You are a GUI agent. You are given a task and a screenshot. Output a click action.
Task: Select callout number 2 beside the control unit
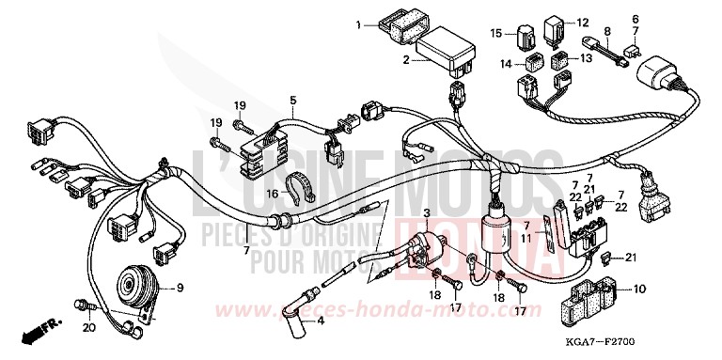point(406,60)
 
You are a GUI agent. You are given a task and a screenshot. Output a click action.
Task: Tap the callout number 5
point(292,100)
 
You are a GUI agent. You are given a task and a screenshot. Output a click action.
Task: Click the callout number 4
point(320,321)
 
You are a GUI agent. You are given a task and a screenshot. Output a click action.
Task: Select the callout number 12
point(582,22)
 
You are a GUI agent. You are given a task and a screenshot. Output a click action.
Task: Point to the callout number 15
point(496,33)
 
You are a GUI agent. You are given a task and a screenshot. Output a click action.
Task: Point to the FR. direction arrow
point(40,333)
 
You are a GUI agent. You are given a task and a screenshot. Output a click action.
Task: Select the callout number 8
point(607,32)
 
